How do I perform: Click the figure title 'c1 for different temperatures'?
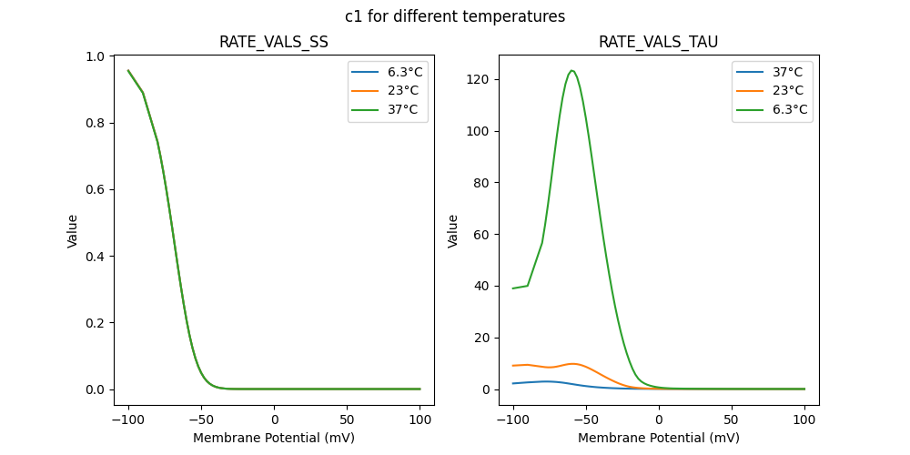point(455,16)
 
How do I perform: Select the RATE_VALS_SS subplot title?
point(274,43)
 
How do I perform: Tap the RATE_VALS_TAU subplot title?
point(658,43)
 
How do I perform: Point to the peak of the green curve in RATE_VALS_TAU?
point(571,71)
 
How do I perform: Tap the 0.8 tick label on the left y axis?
point(95,123)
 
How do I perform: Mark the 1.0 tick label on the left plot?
point(95,56)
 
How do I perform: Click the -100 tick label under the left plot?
point(128,420)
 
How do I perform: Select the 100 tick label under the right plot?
point(804,420)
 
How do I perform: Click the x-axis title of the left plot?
point(274,438)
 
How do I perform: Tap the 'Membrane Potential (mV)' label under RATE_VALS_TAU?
point(658,438)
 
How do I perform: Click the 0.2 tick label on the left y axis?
point(95,323)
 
